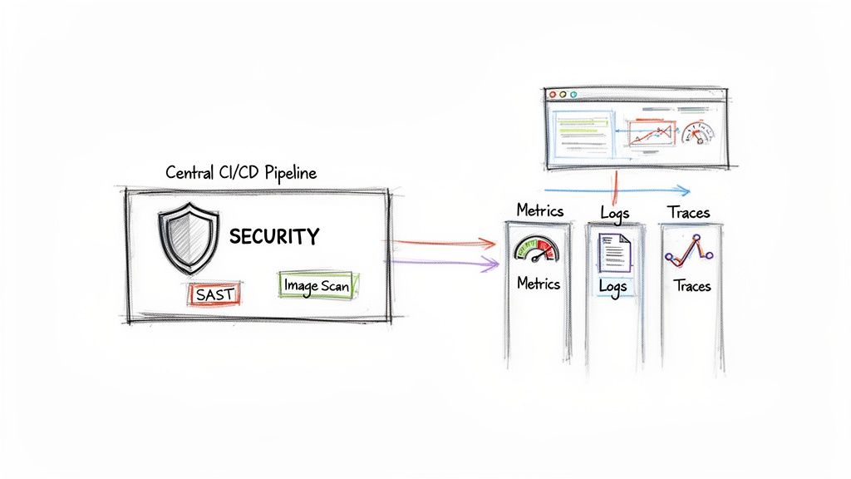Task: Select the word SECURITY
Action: point(273,237)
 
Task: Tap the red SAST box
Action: point(214,293)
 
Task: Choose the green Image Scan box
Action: point(317,284)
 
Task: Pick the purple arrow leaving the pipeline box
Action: point(440,263)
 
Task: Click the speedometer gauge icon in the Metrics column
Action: point(538,249)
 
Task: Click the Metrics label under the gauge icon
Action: point(539,284)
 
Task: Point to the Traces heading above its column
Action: point(689,212)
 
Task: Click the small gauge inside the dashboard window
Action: point(696,133)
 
